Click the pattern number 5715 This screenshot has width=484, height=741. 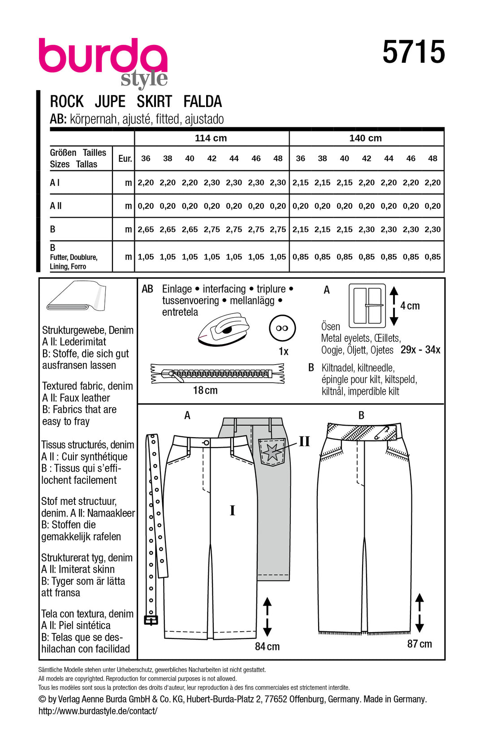click(x=413, y=52)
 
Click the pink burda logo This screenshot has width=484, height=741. click(x=103, y=57)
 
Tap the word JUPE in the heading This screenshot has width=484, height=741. click(x=110, y=102)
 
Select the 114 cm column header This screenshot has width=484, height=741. click(x=211, y=138)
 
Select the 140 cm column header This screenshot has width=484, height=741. click(x=365, y=138)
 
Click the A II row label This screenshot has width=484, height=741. click(x=56, y=206)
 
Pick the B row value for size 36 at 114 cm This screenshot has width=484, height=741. click(x=146, y=229)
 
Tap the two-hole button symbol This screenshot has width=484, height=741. click(x=282, y=328)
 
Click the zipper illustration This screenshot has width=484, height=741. click(x=217, y=374)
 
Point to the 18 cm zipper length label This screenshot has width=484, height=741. click(x=205, y=391)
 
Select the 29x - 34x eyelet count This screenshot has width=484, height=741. click(x=420, y=350)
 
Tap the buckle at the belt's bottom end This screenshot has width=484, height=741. click(x=151, y=620)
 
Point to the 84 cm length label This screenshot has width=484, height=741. click(x=267, y=646)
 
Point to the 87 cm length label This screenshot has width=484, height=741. click(x=419, y=644)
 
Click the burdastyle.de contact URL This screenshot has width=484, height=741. click(x=98, y=711)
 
